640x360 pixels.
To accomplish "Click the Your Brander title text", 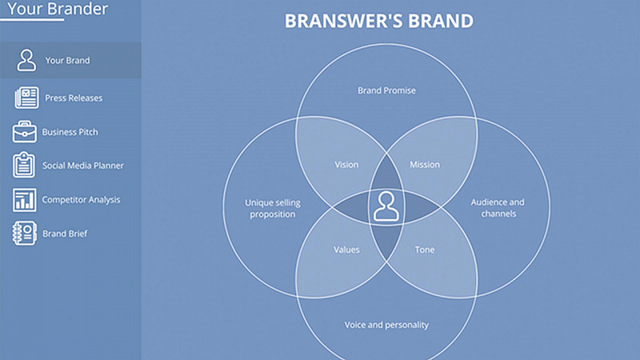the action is (58, 9).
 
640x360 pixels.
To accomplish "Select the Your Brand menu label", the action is (67, 61).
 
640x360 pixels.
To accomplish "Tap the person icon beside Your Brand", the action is (26, 60).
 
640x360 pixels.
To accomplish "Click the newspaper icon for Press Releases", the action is (26, 98).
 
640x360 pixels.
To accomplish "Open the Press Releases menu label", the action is (74, 98).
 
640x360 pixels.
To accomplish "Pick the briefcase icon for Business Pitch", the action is (25, 131).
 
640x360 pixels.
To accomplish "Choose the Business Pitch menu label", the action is (70, 132).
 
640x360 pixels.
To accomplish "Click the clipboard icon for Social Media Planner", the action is (24, 165).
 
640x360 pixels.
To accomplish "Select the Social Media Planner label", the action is (83, 166).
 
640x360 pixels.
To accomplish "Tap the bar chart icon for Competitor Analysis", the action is (25, 200).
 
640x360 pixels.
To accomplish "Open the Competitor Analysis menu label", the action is (81, 199).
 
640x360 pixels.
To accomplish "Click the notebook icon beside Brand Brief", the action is (25, 233).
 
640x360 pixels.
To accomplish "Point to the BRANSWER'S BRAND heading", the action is (378, 21).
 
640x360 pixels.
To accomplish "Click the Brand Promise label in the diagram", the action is (386, 90).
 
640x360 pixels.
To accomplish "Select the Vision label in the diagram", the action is (346, 165).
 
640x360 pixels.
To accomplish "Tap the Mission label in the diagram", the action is (425, 165).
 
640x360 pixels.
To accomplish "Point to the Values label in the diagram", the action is (346, 250).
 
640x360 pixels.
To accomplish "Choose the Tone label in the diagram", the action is (425, 250).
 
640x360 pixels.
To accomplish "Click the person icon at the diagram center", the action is (386, 206).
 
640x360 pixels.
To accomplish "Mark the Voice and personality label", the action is (386, 325).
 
